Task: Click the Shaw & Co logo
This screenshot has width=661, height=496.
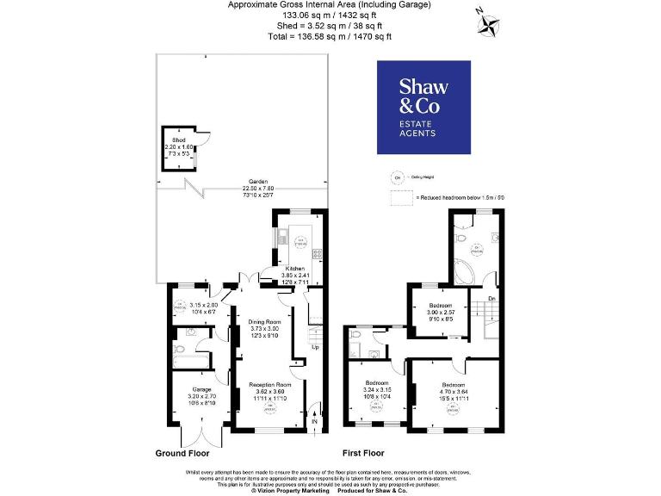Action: tap(423, 108)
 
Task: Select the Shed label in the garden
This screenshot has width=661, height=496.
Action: tap(178, 139)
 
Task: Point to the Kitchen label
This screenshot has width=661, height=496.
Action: tap(295, 268)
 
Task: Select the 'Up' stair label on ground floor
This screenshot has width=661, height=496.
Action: tap(315, 347)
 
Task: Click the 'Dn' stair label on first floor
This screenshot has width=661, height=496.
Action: tap(491, 299)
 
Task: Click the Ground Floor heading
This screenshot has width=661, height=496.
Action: tap(182, 453)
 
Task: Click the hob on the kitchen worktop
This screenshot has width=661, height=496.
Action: tap(318, 253)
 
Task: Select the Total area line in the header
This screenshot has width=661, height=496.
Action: tap(330, 36)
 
